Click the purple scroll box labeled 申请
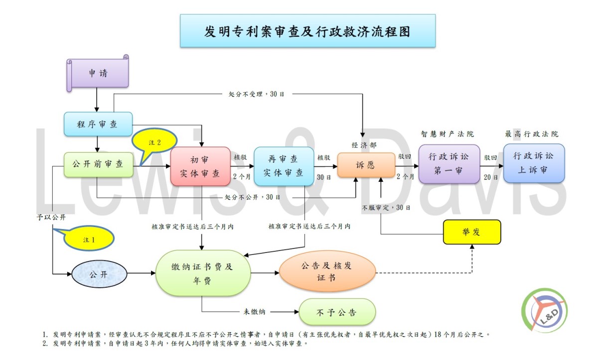click(98, 73)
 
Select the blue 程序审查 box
click(98, 124)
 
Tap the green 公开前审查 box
click(99, 164)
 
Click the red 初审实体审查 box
click(200, 166)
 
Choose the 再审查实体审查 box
click(284, 166)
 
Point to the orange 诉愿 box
click(366, 165)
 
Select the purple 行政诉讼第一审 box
click(449, 164)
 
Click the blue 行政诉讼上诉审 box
click(534, 163)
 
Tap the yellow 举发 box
click(472, 232)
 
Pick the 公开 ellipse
click(99, 274)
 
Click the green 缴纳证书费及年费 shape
click(203, 273)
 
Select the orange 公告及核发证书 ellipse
click(327, 271)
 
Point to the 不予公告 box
click(337, 312)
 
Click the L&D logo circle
click(545, 310)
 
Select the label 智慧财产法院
click(448, 134)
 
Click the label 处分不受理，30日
click(256, 94)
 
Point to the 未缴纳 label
click(254, 312)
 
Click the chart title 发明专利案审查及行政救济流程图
click(307, 31)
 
